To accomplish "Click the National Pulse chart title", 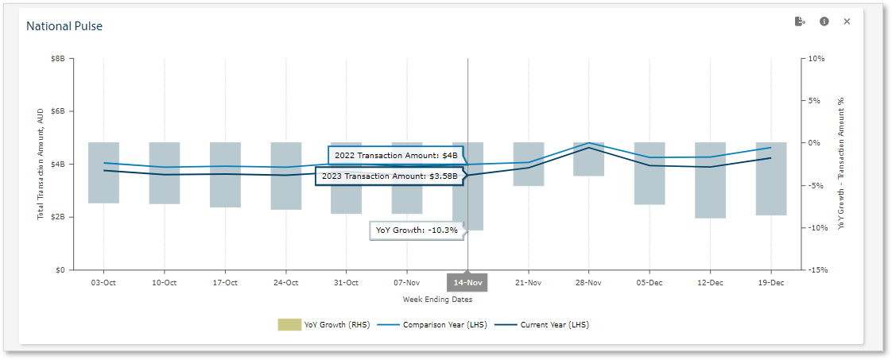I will point(64,26).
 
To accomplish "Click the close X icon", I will point(847,21).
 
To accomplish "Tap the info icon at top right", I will point(824,21).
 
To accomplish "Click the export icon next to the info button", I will point(800,21).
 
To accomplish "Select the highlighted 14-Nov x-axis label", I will point(467,282).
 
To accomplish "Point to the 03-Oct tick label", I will point(103,282).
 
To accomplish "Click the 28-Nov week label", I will point(588,282).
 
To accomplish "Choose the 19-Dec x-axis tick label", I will point(770,282).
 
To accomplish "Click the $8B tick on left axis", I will point(57,59).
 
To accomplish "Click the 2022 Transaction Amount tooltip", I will point(396,155).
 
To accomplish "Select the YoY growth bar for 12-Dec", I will point(710,180).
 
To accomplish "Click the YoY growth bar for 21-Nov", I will point(528,164).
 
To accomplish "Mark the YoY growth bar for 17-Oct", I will point(225,175).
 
